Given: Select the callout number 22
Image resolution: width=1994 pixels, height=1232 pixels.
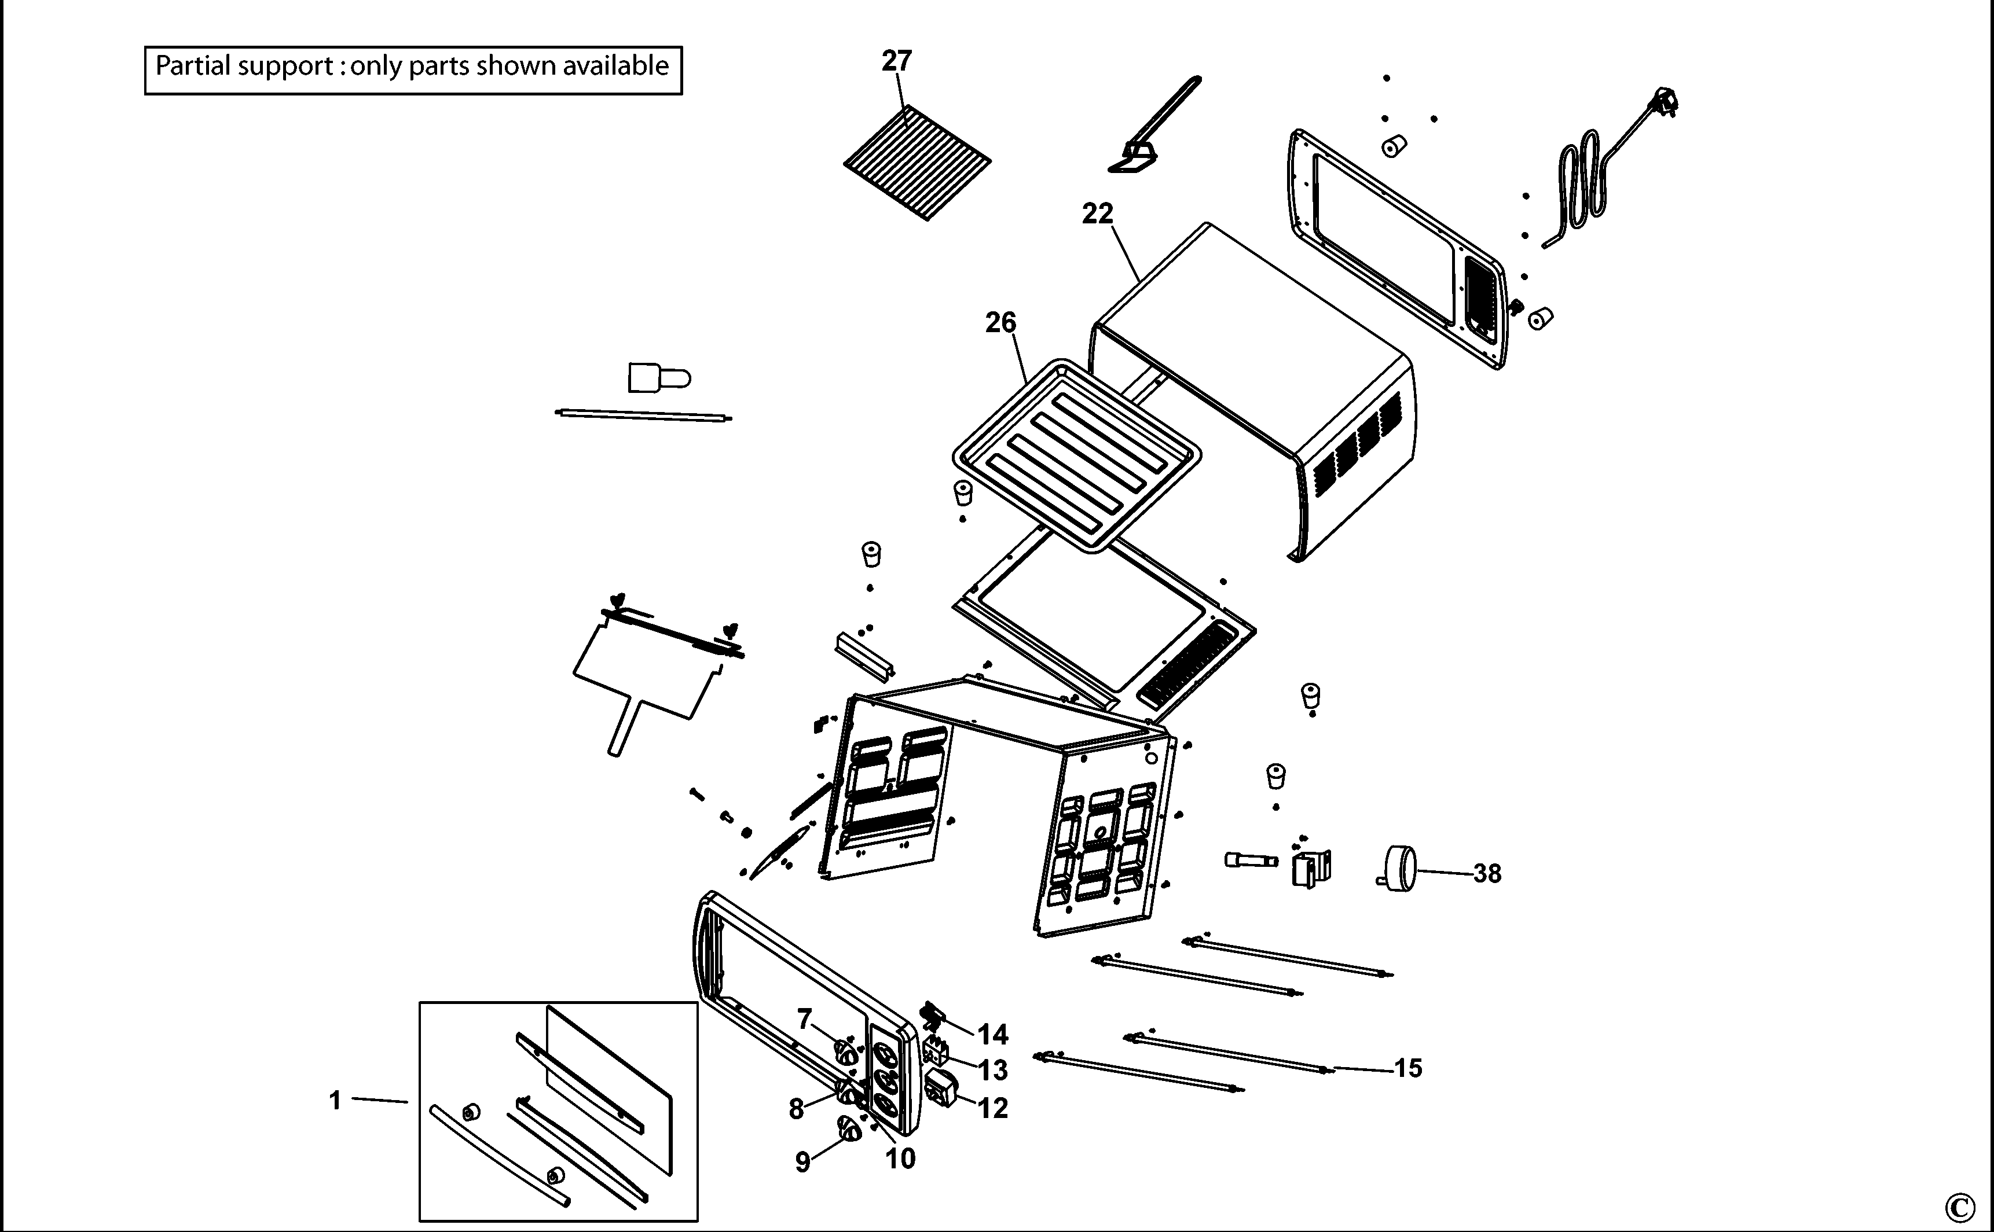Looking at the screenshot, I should pos(1097,214).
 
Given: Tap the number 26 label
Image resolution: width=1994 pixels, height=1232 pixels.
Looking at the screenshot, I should pos(1001,323).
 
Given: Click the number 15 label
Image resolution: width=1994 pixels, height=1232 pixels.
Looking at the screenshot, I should pos(1408,1068).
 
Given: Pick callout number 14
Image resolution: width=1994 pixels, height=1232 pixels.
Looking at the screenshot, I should pos(993,1035).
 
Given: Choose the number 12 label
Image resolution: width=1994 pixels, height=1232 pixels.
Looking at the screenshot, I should pos(993,1108).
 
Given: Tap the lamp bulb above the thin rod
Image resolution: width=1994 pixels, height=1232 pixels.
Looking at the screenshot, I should pos(659,378).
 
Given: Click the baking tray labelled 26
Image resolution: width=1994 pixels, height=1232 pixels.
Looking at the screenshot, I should pos(1076,457).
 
